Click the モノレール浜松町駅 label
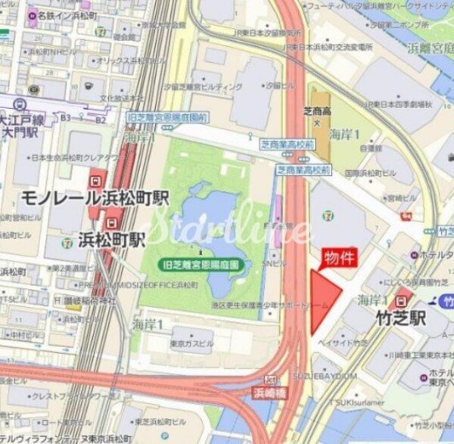95,200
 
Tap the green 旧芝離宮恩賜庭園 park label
201,265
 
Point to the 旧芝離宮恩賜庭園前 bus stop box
167,118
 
